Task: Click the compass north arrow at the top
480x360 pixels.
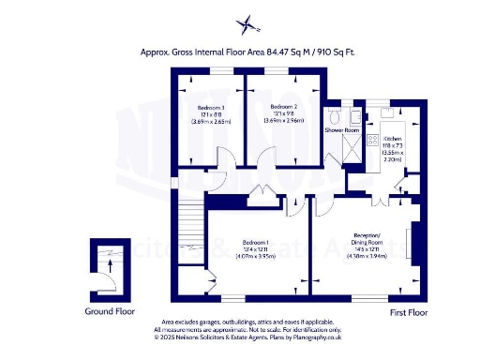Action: pos(246,24)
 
